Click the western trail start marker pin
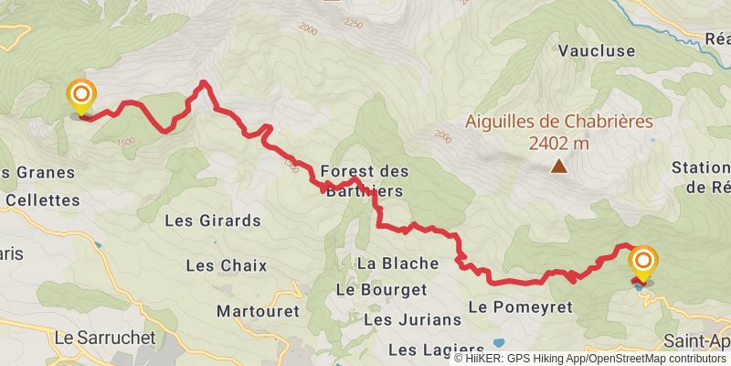(x=81, y=96)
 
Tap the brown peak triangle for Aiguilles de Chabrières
(x=557, y=166)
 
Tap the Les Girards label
(x=213, y=221)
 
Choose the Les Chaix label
(x=226, y=265)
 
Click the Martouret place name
(x=259, y=311)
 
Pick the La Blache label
(x=398, y=264)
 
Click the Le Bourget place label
(x=382, y=289)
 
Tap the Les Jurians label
(x=412, y=319)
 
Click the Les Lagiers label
(x=435, y=350)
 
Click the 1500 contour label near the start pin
(x=126, y=141)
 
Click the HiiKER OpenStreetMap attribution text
(x=589, y=359)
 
